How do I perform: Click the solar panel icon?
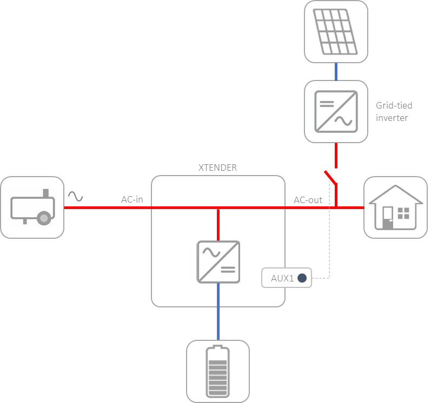tap(336, 31)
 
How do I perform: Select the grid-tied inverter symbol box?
tap(336, 111)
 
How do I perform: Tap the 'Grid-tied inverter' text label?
tap(392, 112)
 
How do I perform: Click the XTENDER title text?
tap(218, 168)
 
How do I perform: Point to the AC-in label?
tap(132, 200)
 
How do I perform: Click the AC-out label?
tap(308, 200)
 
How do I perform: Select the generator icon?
tap(32, 207)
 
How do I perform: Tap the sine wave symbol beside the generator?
tap(75, 196)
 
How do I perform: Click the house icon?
tap(395, 207)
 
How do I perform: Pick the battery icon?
tap(218, 372)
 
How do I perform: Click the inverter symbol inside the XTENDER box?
tap(218, 261)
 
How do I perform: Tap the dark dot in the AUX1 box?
tap(302, 278)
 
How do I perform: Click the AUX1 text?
tap(281, 278)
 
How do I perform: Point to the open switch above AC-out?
tap(330, 178)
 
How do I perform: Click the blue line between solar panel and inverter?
tap(336, 71)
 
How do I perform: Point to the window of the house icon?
tap(403, 213)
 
